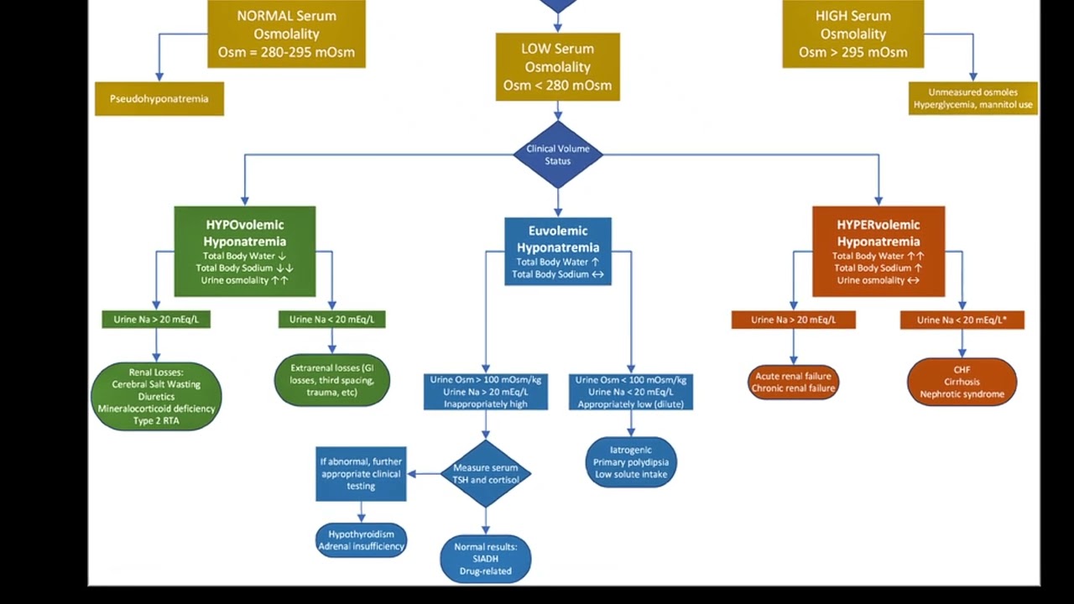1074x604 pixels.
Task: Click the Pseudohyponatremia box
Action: point(159,99)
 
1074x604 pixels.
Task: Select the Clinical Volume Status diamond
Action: point(558,154)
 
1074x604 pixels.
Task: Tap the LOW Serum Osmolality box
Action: point(558,67)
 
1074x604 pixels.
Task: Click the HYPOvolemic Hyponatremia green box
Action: point(245,251)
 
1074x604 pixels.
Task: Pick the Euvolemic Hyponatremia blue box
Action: point(558,251)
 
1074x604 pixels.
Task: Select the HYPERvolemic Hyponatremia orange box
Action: point(878,251)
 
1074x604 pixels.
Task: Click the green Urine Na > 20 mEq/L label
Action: point(156,320)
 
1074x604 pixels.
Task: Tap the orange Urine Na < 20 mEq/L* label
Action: point(962,320)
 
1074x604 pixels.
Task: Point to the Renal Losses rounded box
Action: point(156,396)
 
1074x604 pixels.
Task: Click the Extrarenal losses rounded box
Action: point(332,380)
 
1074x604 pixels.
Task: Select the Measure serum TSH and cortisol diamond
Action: point(486,474)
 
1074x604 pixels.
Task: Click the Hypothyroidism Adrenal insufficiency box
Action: point(362,540)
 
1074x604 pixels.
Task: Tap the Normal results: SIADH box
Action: point(486,559)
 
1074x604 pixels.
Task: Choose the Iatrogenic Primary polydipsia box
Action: point(631,462)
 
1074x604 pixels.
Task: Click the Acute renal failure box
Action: point(793,383)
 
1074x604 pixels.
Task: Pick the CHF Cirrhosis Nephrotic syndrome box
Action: point(962,382)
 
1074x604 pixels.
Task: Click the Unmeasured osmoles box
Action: point(973,99)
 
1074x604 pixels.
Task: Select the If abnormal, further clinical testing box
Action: point(362,474)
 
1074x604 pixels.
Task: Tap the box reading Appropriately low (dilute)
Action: point(631,392)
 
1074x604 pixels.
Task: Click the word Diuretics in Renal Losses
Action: point(156,397)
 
